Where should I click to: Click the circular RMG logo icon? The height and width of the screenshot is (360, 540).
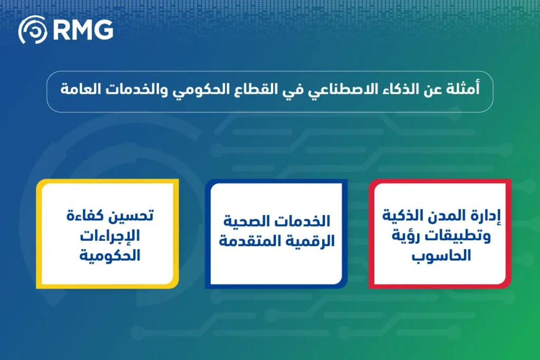tap(33, 30)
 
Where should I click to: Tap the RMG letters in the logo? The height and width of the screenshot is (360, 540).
tap(83, 30)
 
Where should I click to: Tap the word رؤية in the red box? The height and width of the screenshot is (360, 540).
tap(406, 237)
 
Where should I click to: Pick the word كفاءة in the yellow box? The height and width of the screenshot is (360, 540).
tap(84, 216)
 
